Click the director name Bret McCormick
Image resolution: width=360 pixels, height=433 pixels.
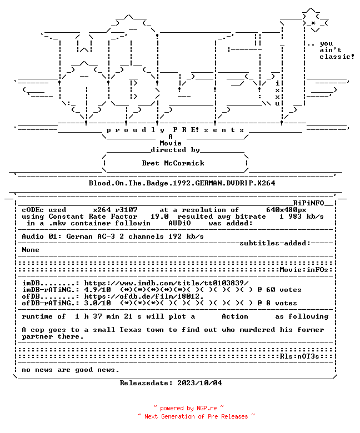pos(173,163)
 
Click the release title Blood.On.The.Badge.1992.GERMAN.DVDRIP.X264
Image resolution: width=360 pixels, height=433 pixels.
pos(182,183)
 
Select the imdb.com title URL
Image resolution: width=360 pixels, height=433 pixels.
pos(166,283)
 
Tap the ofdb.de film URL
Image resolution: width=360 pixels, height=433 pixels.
pos(144,296)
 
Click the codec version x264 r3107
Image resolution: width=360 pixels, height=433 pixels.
pos(115,210)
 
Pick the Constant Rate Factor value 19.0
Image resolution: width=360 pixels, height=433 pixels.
pos(159,216)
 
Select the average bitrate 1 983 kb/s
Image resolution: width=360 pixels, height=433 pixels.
pos(301,216)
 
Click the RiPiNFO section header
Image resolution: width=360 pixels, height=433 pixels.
pos(308,203)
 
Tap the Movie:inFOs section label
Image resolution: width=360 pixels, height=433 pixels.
pos(304,270)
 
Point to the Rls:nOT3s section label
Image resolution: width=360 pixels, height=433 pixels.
pos(299,356)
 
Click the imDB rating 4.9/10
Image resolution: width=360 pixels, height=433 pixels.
pos(98,290)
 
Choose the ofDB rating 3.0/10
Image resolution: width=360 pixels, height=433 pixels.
pos(98,303)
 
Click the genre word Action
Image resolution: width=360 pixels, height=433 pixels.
pos(235,316)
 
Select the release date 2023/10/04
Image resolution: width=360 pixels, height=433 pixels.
pos(199,383)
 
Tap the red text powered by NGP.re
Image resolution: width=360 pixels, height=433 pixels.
pos(188,408)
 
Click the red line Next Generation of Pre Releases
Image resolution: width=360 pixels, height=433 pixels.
pos(196,416)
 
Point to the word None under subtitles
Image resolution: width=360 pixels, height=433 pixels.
pos(31,250)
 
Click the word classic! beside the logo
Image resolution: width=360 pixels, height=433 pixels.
pos(337,57)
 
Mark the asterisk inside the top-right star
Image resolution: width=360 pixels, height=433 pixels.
pos(313,23)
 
